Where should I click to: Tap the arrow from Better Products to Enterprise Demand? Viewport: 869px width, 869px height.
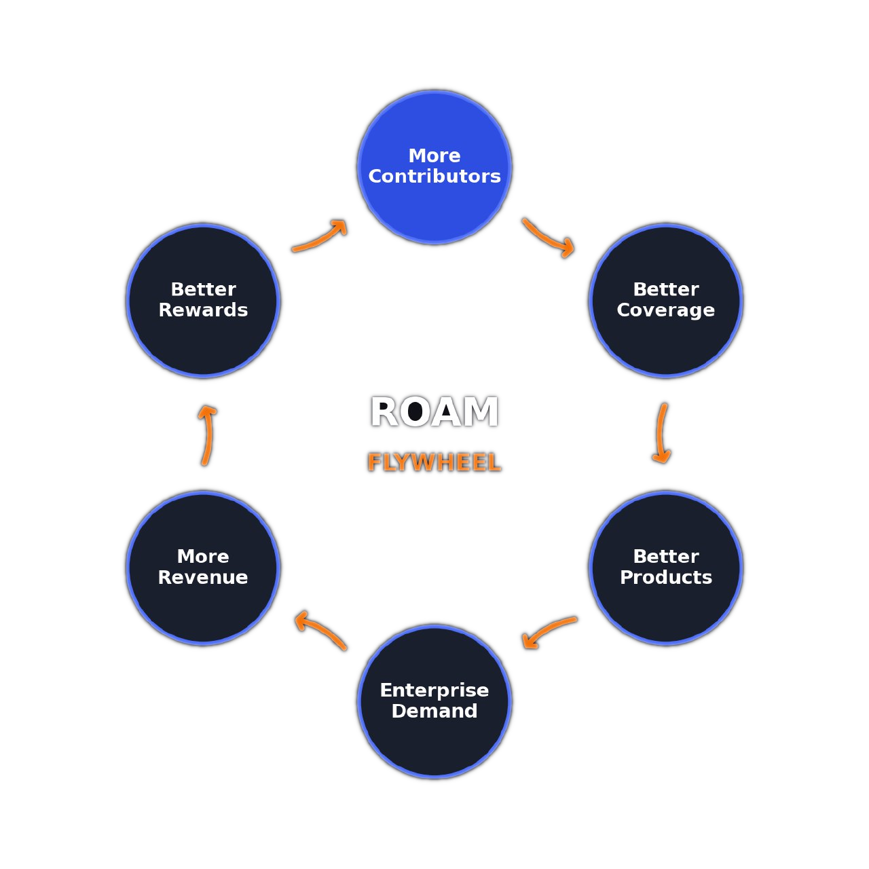pos(549,629)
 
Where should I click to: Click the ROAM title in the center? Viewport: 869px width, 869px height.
pos(434,413)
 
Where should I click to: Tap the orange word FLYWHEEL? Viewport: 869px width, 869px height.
pos(434,463)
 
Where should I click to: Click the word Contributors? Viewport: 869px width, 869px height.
pos(434,177)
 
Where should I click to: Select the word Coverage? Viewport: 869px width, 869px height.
pos(665,310)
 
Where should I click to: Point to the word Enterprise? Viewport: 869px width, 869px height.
pos(434,690)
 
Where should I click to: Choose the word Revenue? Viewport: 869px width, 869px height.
pos(203,577)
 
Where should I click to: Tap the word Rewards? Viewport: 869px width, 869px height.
pos(203,310)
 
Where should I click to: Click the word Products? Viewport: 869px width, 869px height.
pos(665,577)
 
